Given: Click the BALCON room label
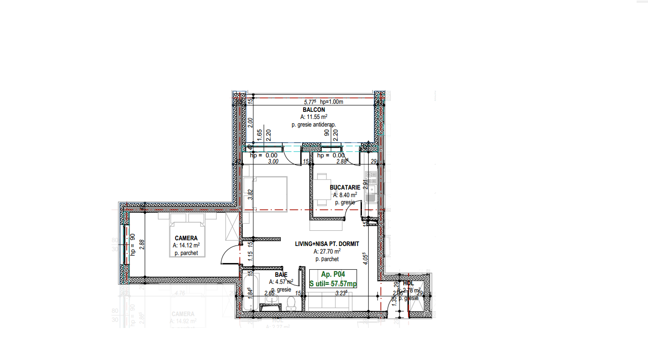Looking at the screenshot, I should [314, 109].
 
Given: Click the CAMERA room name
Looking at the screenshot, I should [186, 238].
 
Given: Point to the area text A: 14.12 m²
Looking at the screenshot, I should [186, 246].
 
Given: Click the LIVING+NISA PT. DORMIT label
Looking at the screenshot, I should [327, 244].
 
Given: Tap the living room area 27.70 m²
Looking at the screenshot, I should [327, 252].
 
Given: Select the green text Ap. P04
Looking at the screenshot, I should [333, 274].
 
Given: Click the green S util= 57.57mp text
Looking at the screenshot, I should [333, 283].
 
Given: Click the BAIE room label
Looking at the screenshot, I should [281, 274].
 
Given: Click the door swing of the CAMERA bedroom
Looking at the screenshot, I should [229, 256].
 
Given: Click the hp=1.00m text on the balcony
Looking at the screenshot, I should [332, 102].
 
